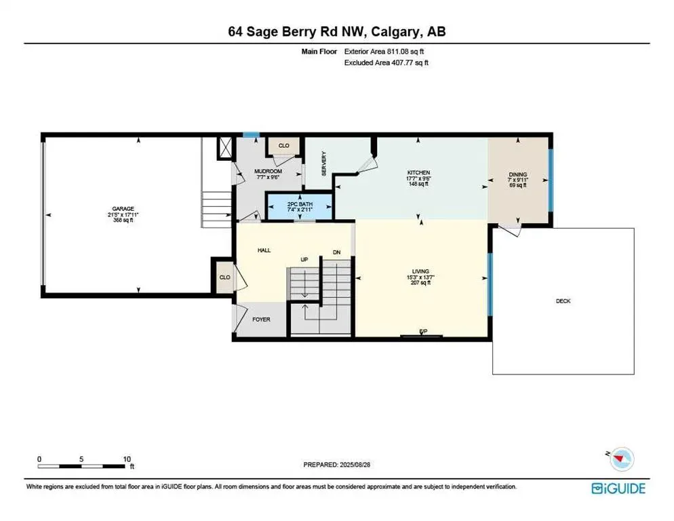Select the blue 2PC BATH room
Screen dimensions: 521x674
(299, 206)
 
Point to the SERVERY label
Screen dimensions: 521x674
(325, 163)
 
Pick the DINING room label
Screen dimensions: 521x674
(518, 174)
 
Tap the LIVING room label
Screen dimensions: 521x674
(420, 271)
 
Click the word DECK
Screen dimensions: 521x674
(563, 301)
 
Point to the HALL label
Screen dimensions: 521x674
(264, 250)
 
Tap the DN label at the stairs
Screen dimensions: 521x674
(336, 252)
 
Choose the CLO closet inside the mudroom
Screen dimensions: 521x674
(284, 145)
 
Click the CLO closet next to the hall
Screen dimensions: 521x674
(224, 277)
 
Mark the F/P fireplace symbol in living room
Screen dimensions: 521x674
(422, 332)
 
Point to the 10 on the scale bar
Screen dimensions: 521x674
(126, 459)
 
